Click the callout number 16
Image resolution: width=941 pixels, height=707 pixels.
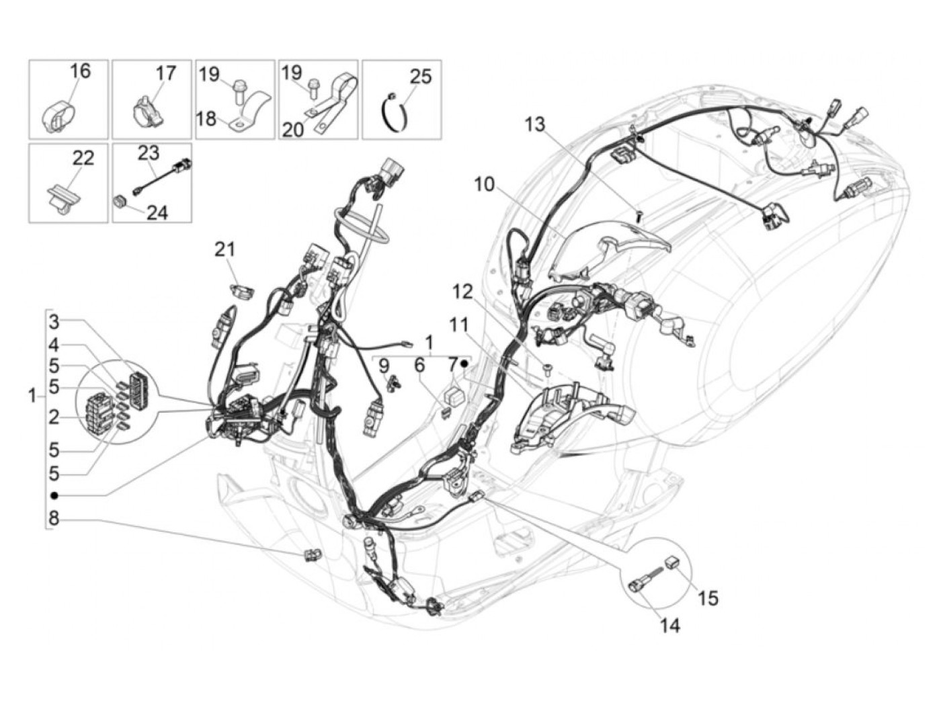pos(79,71)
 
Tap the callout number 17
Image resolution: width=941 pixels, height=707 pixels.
pos(165,73)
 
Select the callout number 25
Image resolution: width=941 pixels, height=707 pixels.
pos(420,75)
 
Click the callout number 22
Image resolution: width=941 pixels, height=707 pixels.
pos(83,158)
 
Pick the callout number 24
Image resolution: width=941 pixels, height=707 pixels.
pos(157,212)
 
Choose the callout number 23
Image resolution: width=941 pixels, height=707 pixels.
pos(148,153)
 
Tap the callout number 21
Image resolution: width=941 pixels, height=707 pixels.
pos(225,249)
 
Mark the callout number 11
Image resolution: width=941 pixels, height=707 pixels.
pos(459,325)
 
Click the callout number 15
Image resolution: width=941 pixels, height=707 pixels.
pos(708,597)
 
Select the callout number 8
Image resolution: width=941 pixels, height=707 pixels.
pos(54,518)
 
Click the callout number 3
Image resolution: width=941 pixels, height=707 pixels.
pos(54,321)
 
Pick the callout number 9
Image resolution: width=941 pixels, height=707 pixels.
pos(384,366)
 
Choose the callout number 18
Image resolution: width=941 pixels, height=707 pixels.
pos(207,119)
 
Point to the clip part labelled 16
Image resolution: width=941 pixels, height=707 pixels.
pos(59,117)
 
